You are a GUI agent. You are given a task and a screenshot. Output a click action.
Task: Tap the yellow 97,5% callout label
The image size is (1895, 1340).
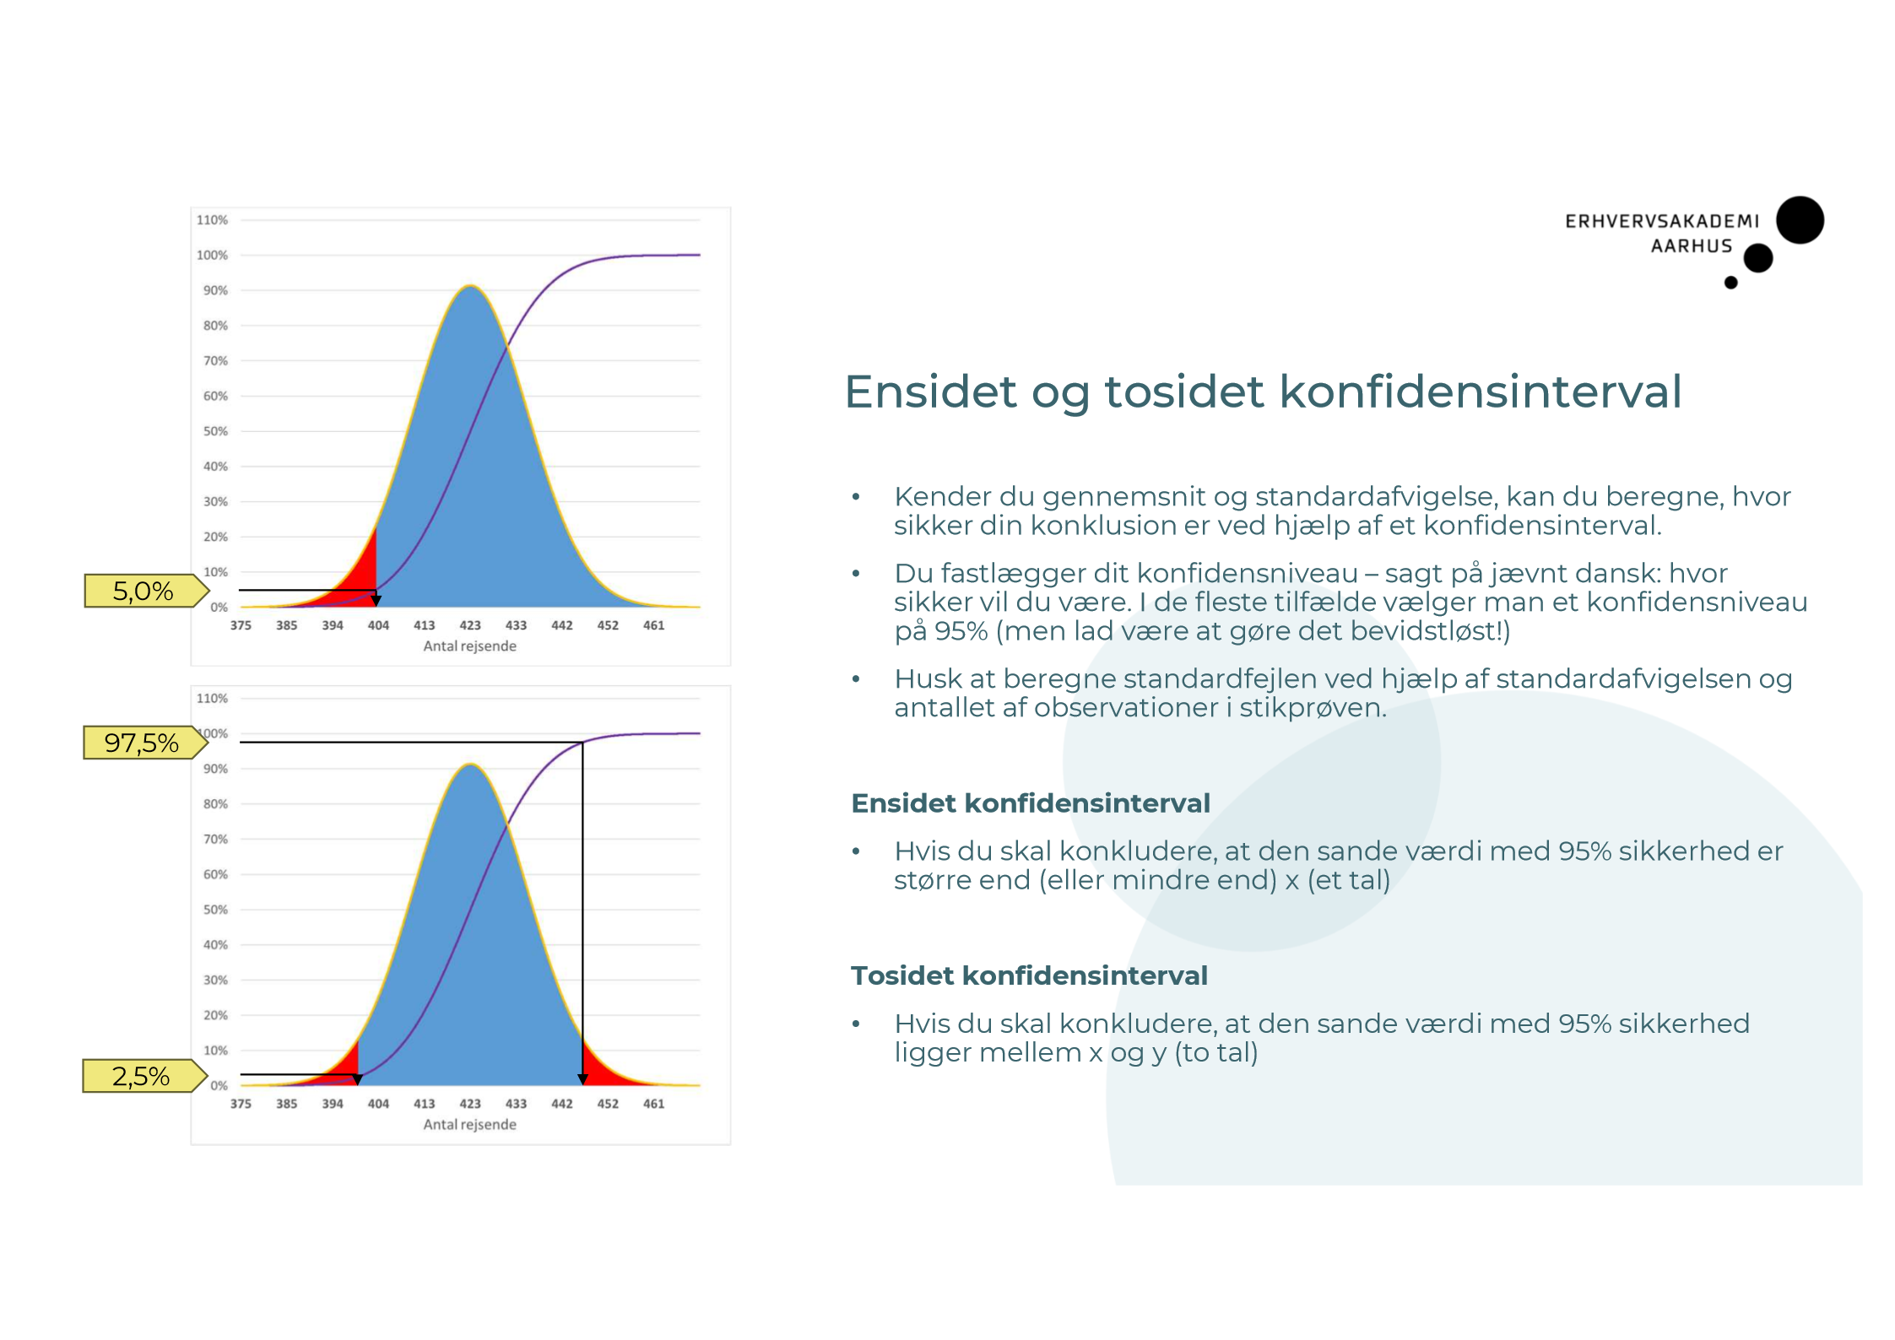pos(142,743)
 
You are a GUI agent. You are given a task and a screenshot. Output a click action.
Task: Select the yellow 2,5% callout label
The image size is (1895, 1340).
pos(141,1076)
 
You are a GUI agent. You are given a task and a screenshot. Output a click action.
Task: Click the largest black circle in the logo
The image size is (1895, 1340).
pos(1800,220)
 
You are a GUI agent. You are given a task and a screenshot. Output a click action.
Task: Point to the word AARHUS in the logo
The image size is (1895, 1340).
pos(1691,246)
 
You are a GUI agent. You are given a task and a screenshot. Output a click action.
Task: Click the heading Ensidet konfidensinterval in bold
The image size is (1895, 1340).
pos(1030,803)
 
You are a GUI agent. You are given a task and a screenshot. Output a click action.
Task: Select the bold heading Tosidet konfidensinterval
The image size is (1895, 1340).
pos(1028,975)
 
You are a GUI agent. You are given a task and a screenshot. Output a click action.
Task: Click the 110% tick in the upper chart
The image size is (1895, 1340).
pos(212,220)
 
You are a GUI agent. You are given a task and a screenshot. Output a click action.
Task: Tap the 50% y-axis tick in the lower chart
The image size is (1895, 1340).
pos(215,910)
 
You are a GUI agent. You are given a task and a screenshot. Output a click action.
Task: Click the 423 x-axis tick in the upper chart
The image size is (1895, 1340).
pos(469,625)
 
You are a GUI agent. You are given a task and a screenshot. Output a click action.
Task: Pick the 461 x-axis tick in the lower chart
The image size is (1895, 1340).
pos(653,1104)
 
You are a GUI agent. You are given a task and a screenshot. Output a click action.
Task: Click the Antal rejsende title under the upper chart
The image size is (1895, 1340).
pos(469,646)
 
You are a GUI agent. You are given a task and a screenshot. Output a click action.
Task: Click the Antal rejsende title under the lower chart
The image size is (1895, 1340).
pos(469,1125)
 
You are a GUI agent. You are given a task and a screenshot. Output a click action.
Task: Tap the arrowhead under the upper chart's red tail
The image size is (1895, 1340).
pos(376,601)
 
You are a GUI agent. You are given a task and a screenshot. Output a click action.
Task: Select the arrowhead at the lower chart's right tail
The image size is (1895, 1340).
pos(582,1079)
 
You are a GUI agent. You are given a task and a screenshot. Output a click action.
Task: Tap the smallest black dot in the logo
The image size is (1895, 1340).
pos(1730,283)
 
